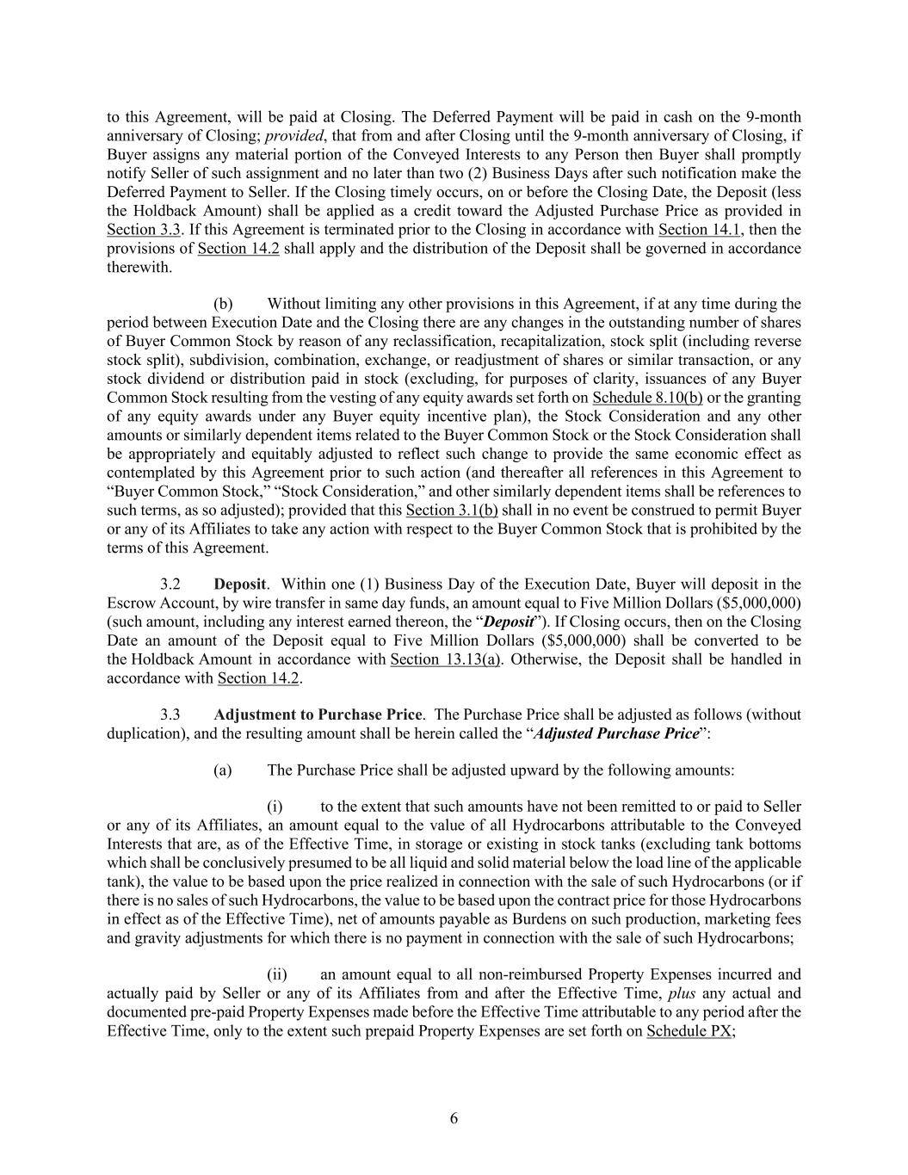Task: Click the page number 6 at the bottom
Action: [454, 1118]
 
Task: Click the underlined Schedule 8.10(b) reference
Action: [648, 398]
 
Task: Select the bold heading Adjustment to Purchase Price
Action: [318, 714]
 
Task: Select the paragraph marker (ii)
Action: [276, 974]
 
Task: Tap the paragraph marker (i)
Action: [275, 807]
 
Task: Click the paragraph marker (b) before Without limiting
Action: [223, 304]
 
